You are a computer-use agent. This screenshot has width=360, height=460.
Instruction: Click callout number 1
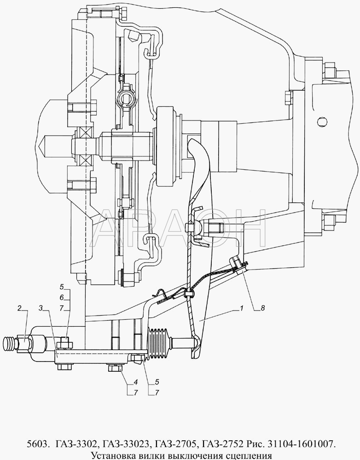coord(241,308)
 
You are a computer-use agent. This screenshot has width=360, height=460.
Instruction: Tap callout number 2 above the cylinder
coord(19,308)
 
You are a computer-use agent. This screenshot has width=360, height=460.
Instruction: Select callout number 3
coord(41,308)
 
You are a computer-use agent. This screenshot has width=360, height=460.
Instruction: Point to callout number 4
coord(135,382)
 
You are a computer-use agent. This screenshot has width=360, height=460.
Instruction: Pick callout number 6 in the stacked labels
coord(62,298)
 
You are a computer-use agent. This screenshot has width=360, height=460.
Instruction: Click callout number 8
coord(263,308)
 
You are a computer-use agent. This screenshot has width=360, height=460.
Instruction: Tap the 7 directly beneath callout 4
coord(135,392)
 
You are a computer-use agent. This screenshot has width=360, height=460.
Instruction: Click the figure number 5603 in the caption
coord(39,444)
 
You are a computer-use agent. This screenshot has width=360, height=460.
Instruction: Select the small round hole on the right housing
coord(322,120)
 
